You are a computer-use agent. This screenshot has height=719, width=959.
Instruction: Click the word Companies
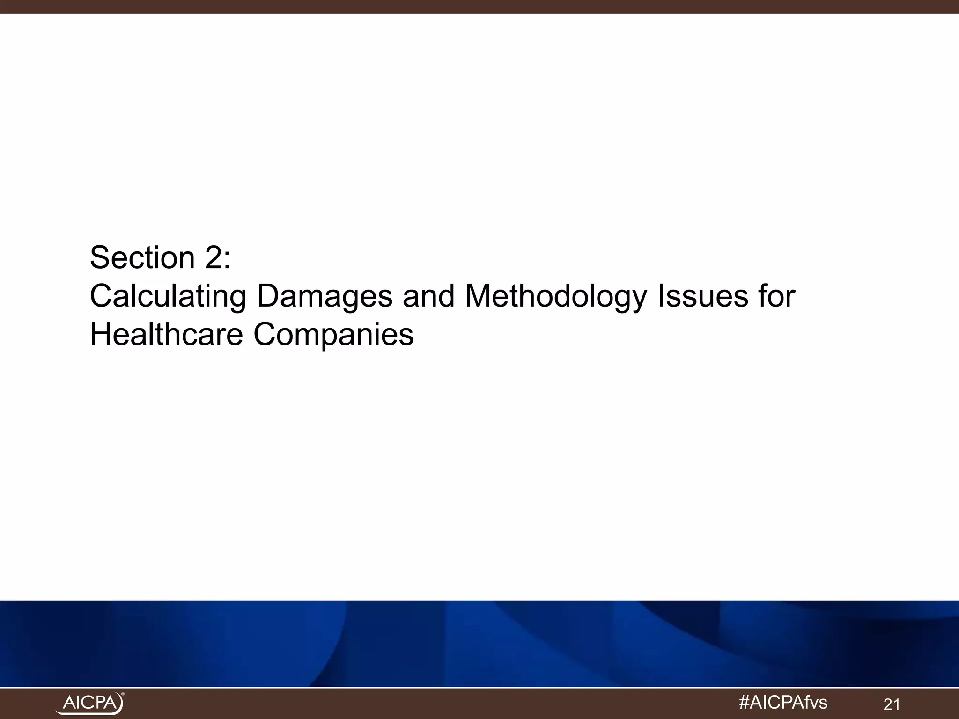coord(333,335)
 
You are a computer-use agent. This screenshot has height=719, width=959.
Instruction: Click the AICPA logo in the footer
coord(90,703)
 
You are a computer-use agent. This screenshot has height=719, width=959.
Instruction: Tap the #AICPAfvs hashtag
coord(782,703)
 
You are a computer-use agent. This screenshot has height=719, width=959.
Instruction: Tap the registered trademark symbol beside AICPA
coord(123,694)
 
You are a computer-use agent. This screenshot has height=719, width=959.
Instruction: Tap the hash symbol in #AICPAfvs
coord(745,703)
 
